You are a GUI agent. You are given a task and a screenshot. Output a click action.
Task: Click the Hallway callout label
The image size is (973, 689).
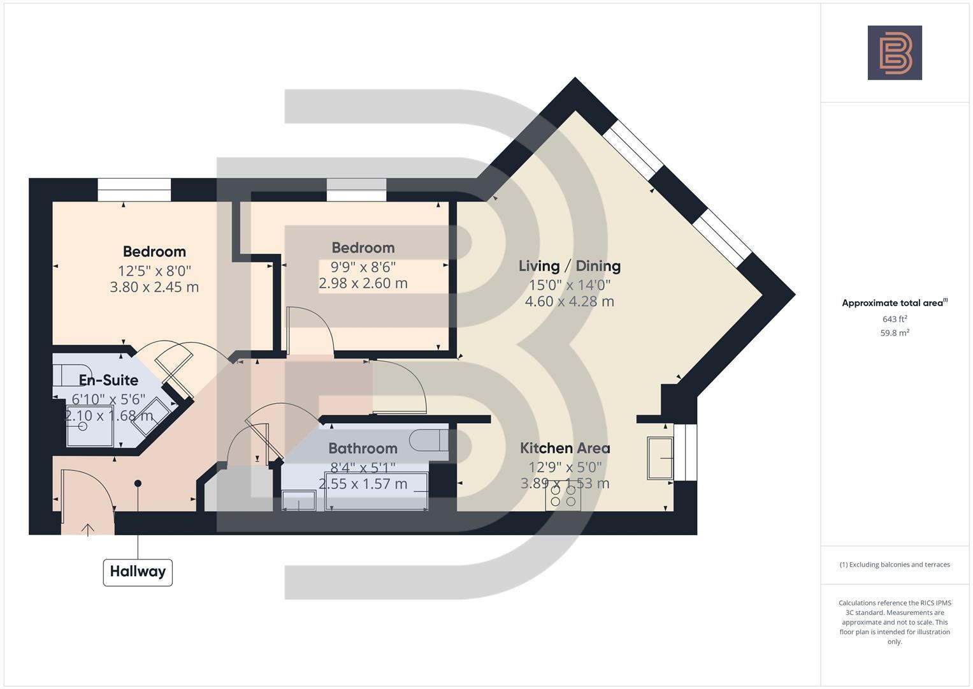click(138, 572)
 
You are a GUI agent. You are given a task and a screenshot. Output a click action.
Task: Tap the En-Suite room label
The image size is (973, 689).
click(108, 380)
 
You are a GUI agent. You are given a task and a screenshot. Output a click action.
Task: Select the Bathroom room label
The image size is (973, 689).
click(363, 448)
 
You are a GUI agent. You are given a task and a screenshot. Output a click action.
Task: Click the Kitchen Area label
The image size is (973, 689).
click(565, 448)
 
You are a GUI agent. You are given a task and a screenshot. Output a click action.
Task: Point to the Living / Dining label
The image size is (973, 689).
click(569, 266)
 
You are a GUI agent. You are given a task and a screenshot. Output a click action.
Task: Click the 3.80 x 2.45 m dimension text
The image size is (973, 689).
click(154, 287)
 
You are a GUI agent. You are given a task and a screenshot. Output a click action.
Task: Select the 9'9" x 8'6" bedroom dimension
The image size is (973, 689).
click(363, 267)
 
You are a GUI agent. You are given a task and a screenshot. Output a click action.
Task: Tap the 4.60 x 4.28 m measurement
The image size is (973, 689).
click(569, 301)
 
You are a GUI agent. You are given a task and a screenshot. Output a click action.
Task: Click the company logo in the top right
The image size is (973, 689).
click(894, 53)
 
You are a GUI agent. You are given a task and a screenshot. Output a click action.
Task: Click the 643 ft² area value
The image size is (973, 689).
click(894, 319)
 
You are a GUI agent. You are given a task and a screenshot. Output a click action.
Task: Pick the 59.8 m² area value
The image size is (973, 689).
click(894, 333)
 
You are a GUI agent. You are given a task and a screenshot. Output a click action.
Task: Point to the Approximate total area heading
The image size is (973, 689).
click(894, 303)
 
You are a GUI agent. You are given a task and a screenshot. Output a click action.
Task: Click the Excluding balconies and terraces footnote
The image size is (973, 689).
click(894, 565)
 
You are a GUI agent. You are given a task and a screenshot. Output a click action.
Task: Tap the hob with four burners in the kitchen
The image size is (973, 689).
click(563, 496)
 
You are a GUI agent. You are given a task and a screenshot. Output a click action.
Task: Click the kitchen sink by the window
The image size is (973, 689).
click(660, 457)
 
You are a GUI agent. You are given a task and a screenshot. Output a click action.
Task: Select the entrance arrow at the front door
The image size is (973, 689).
click(87, 529)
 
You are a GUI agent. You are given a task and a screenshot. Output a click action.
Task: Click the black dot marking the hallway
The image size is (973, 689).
click(138, 484)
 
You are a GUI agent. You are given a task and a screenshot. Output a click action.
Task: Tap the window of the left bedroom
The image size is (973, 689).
click(134, 189)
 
